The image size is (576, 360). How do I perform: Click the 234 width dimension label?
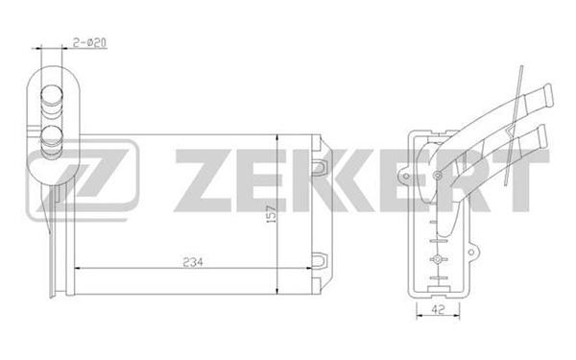(193, 263)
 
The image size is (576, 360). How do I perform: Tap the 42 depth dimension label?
(438, 310)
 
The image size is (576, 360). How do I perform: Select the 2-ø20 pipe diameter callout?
(89, 42)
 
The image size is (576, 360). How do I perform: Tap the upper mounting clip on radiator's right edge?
(318, 166)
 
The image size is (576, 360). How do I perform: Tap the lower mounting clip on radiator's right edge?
(318, 260)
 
